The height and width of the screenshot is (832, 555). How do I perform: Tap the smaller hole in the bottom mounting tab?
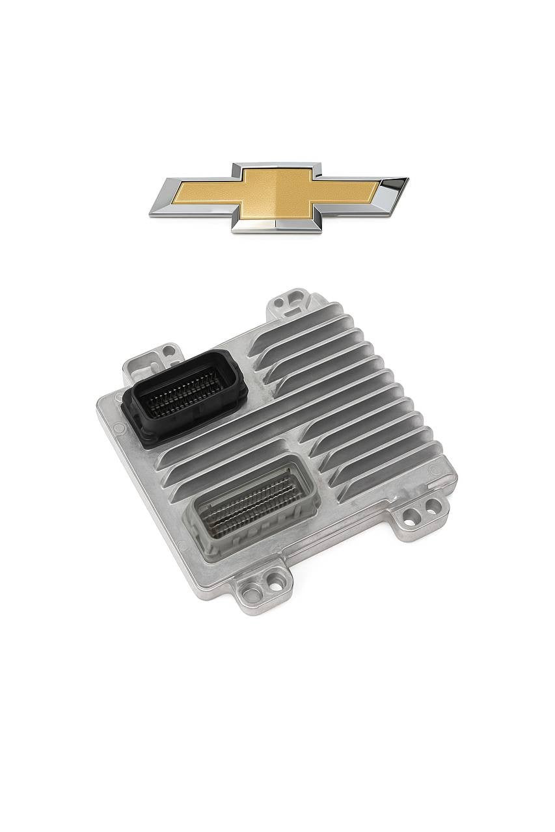tap(275, 586)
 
